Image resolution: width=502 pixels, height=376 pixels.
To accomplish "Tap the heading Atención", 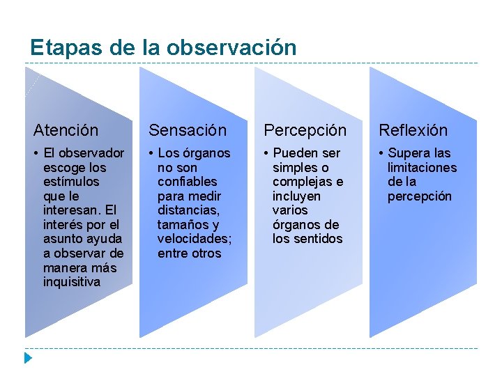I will pos(66,130).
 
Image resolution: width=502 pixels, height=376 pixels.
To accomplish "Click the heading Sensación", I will pos(188,130).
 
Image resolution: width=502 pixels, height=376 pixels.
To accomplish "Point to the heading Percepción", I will pos(305,130).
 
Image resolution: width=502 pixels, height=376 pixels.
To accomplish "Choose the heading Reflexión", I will pos(413,130).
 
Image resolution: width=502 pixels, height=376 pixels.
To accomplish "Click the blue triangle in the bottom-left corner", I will pos(27,359).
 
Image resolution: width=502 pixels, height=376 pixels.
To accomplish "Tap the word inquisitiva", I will pos(72,282).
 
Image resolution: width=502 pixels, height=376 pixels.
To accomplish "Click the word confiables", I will pos(188,182).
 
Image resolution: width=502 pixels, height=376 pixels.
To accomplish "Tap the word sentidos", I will pos(318,239).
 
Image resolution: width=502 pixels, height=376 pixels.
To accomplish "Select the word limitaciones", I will pos(422,167).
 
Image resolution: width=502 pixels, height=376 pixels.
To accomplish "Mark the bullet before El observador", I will pos(36,153).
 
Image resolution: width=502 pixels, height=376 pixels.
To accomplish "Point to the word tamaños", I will pos(178,225).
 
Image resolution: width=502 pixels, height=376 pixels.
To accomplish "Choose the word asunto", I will pos(63,239).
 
